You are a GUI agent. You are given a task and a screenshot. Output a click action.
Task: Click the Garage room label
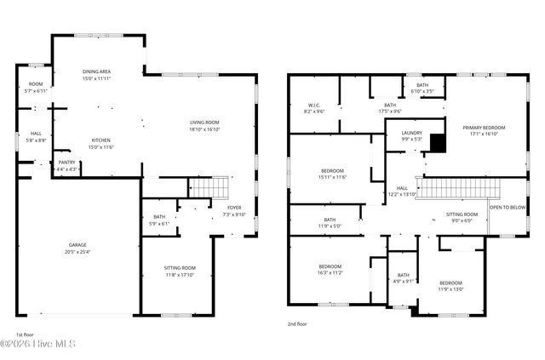coord(77,244)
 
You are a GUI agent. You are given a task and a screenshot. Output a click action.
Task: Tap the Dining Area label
coord(96,72)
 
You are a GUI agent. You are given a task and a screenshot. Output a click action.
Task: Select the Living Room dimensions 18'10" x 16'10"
coord(204,129)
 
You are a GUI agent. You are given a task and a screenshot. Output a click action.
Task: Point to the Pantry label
coord(66,162)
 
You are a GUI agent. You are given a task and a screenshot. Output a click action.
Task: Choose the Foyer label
coord(233,207)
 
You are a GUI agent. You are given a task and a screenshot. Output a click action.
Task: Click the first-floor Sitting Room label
coord(180,268)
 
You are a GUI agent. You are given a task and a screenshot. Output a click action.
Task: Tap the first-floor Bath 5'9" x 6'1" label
coord(159,217)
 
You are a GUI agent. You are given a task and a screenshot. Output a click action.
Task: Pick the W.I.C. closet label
coord(314,106)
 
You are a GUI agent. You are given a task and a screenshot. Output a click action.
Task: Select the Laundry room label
coord(399,134)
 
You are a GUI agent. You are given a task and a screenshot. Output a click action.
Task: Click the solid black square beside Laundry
coord(437,144)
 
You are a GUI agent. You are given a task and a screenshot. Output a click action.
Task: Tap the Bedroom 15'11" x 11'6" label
coord(332,170)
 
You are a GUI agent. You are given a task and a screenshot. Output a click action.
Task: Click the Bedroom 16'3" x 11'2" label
coord(330,266)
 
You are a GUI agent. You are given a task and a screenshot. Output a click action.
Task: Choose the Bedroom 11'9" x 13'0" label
coord(450,283)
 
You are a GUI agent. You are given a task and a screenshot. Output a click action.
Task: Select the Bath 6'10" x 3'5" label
coord(422,85)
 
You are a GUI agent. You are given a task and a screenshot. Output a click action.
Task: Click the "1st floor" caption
coord(26,334)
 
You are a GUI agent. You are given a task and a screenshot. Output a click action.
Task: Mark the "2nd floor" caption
coord(298,324)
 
